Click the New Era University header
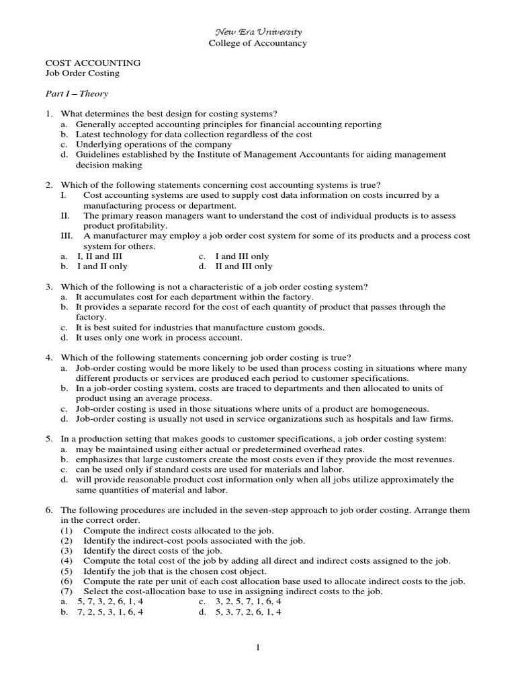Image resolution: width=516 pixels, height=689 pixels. [258, 32]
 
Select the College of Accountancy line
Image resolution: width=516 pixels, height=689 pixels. [258, 43]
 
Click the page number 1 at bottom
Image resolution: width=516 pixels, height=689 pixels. [257, 647]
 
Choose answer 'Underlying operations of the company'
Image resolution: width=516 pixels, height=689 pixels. [153, 144]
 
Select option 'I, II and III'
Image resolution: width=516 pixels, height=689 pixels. [99, 256]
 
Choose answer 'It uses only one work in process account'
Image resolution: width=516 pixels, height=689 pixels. [159, 338]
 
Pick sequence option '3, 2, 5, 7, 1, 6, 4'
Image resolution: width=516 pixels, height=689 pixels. [248, 602]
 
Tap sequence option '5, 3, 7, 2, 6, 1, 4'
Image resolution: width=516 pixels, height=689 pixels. [248, 612]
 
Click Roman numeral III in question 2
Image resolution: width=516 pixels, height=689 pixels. [67, 236]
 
